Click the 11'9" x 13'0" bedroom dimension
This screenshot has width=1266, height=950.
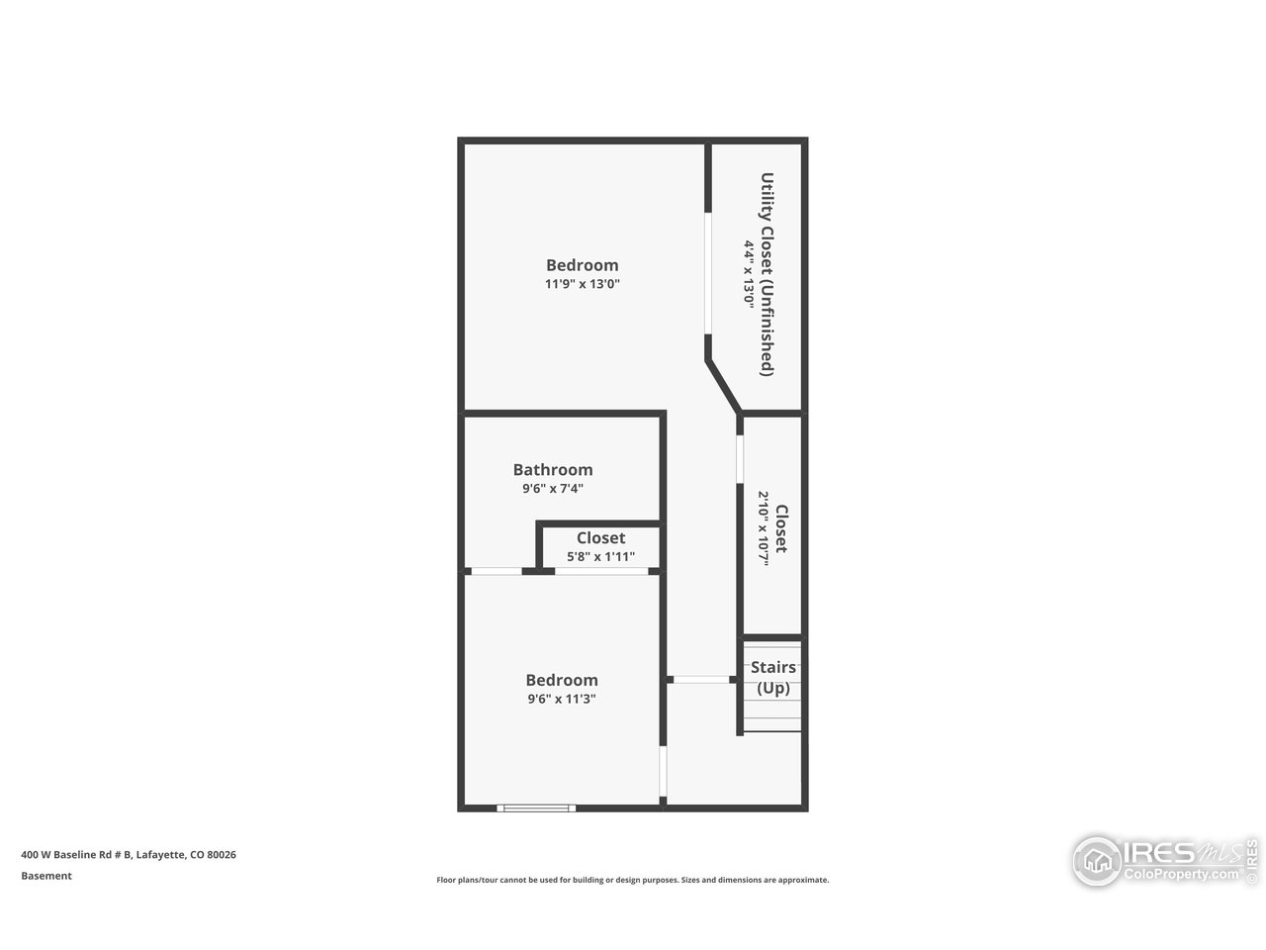pyautogui.click(x=582, y=284)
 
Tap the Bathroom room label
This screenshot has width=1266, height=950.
pyautogui.click(x=552, y=470)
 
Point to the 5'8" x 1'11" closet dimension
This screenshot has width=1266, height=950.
pyautogui.click(x=600, y=556)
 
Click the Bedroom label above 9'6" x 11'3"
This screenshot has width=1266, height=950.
pyautogui.click(x=561, y=680)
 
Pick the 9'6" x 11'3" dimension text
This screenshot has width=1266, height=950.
pyautogui.click(x=561, y=699)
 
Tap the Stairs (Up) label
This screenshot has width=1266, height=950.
pyautogui.click(x=772, y=678)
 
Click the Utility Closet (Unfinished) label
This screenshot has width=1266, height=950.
pyautogui.click(x=767, y=274)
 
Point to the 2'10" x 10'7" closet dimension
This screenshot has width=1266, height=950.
pyautogui.click(x=764, y=528)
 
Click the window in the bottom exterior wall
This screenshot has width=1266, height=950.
pyautogui.click(x=536, y=808)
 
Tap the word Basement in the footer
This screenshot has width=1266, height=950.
pyautogui.click(x=46, y=876)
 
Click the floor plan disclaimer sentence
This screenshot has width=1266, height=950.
pyautogui.click(x=633, y=880)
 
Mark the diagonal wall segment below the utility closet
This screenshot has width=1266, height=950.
pyautogui.click(x=724, y=386)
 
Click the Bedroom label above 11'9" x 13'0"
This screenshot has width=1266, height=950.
pyautogui.click(x=582, y=265)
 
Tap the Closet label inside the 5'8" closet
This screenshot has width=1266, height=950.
pyautogui.click(x=600, y=538)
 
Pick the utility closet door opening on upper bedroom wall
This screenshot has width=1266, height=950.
pyautogui.click(x=708, y=273)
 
